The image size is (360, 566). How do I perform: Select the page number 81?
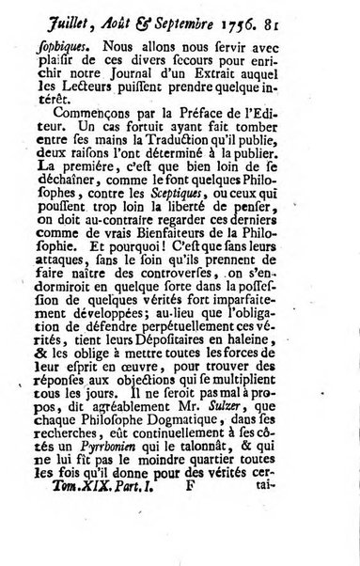tap(314, 32)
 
